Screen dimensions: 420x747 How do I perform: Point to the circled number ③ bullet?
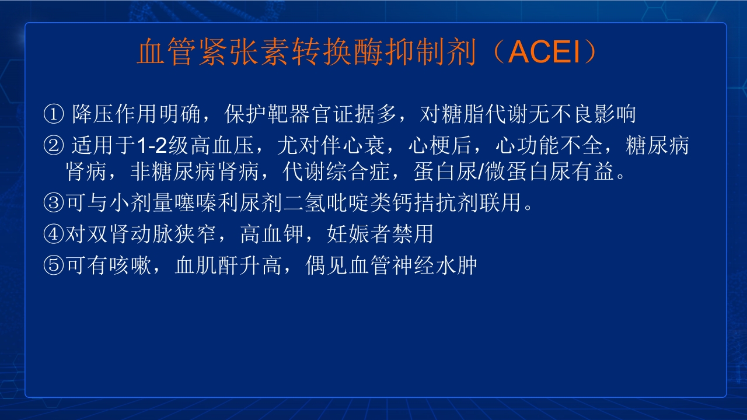[x=53, y=204]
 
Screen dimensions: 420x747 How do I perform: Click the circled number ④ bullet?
[x=53, y=235]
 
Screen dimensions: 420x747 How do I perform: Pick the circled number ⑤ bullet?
[x=53, y=265]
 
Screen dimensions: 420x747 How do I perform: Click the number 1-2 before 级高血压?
[x=152, y=146]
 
